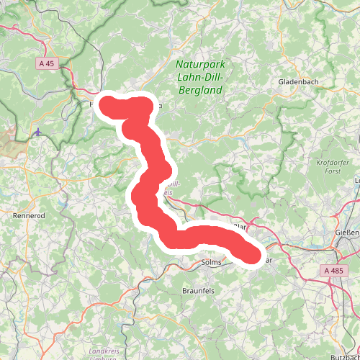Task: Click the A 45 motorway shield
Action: coord(47,63)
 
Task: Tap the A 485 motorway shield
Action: coord(333,271)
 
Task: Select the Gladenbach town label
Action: coord(299,82)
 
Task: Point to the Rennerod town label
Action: coord(30,215)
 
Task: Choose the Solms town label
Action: coord(211,263)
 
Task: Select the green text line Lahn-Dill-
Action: coord(200,78)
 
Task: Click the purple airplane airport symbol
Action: coord(37,132)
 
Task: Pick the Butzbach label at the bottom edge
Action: coord(344,356)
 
